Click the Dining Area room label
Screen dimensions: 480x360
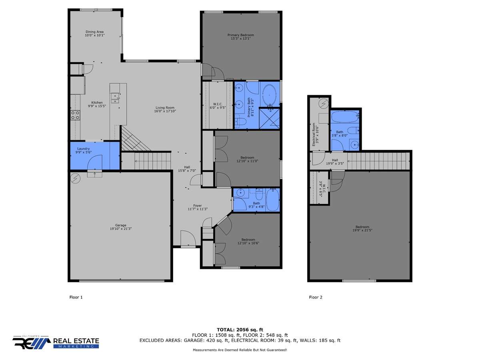pos(94,32)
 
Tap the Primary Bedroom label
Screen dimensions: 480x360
pos(240,35)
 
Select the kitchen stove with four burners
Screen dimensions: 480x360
pos(75,115)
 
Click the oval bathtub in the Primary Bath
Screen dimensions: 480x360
pos(269,96)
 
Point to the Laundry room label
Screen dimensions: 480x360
pos(83,149)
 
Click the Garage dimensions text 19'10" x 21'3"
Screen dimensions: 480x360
pos(121,229)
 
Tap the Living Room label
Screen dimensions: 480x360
pos(165,108)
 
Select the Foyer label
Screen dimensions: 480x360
pos(198,206)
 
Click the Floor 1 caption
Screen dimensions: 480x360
pos(76,297)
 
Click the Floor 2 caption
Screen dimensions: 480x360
pos(316,297)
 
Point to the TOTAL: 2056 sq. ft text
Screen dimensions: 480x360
pos(240,330)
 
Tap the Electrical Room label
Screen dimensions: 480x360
pos(314,134)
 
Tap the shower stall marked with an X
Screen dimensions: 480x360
pos(269,118)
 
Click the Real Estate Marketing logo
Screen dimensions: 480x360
pos(56,342)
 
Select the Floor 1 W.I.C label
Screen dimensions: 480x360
pos(217,104)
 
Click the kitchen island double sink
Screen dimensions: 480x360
pos(115,98)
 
